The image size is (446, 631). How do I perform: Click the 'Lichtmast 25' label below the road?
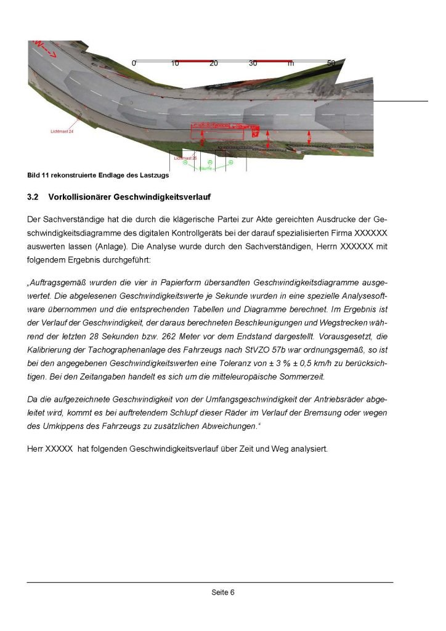[185, 158]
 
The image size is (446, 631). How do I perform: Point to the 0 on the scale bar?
[134, 63]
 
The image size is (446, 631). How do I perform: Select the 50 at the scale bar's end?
[331, 63]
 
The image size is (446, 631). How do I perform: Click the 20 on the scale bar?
[214, 63]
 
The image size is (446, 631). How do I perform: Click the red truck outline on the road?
[225, 130]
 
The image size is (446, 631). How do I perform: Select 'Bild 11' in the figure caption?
[38, 175]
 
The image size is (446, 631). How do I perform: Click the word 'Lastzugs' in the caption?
[155, 175]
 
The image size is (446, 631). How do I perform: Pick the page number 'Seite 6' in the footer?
[223, 593]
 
